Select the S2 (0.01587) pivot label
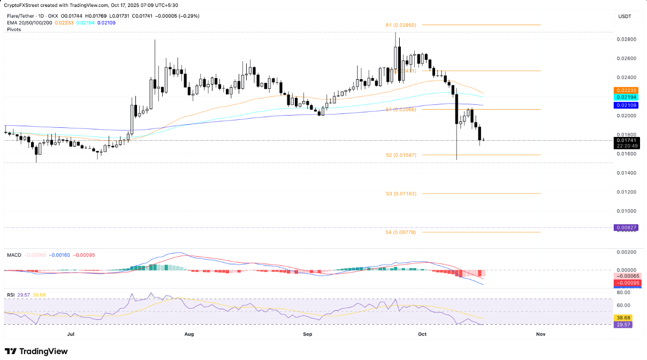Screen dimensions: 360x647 click(x=401, y=155)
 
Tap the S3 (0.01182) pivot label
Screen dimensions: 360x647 click(x=401, y=194)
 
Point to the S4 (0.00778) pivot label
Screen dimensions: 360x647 click(x=401, y=233)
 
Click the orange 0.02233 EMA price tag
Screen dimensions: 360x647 click(x=625, y=90)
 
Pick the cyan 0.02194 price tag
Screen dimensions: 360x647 click(x=625, y=97)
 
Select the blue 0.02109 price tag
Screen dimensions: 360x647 click(x=625, y=105)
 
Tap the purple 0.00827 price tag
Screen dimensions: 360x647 click(x=625, y=228)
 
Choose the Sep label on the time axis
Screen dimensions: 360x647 click(x=307, y=334)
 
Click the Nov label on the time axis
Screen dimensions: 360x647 click(x=541, y=334)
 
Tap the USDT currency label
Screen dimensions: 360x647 click(x=625, y=17)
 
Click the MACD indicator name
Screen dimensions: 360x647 click(x=14, y=255)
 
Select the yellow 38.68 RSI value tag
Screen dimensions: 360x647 click(x=624, y=317)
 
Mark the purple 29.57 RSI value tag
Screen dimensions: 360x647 click(x=624, y=325)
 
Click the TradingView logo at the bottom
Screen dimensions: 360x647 click(x=36, y=351)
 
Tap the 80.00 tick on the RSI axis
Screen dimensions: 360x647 click(x=623, y=293)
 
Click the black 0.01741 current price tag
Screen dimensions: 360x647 click(x=625, y=140)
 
